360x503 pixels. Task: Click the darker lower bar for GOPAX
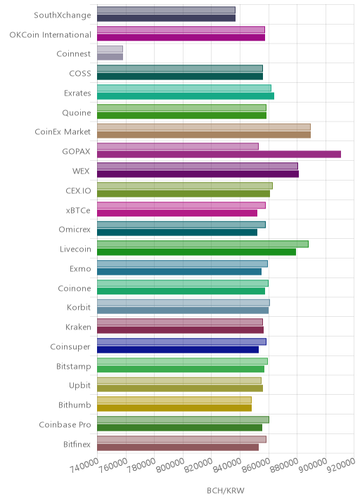point(219,155)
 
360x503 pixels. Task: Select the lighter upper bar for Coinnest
point(110,49)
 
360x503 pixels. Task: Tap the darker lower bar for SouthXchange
point(167,18)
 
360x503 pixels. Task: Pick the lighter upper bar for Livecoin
point(202,244)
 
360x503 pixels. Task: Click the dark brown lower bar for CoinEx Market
point(204,135)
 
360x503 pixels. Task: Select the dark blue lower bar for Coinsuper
point(178,350)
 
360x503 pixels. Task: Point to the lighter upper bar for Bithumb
point(174,400)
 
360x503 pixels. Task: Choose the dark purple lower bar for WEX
point(198,174)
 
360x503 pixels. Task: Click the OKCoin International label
point(51,34)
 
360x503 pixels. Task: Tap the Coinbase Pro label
point(65,424)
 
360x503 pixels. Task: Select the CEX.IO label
point(78,191)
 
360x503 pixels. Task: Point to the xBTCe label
point(78,211)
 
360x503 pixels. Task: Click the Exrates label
point(77,93)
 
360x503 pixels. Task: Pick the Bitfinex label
point(77,444)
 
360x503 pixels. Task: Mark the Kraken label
point(78,327)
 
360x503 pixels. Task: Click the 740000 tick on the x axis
point(84,465)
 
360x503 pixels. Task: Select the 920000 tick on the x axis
point(341,465)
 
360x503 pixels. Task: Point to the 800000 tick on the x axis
point(170,465)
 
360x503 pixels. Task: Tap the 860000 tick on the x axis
point(256,465)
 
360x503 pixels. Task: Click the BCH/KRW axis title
point(226,490)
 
